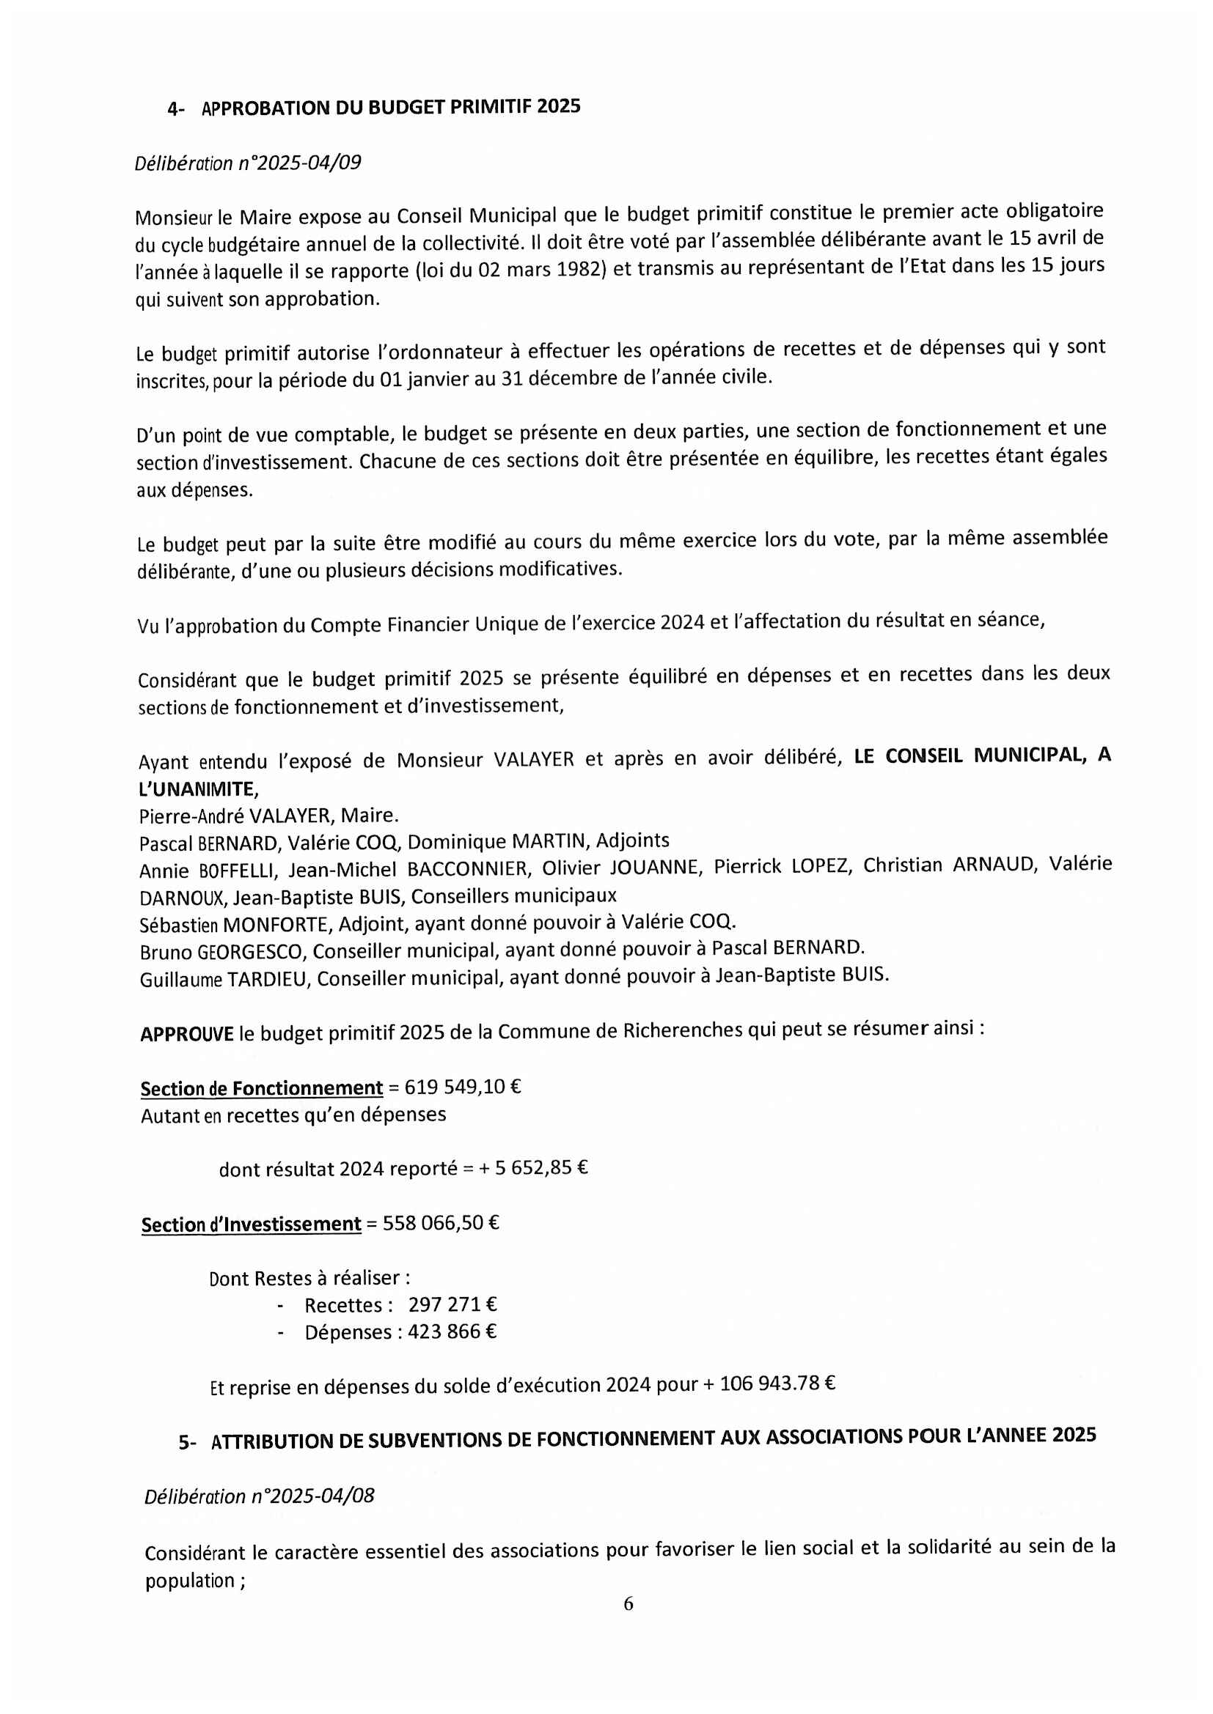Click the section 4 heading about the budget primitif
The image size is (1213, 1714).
[391, 108]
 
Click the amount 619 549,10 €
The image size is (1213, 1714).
[462, 1086]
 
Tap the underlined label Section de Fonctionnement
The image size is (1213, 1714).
[261, 1088]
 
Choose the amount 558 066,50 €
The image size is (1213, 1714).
[441, 1223]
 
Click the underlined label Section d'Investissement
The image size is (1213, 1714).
[251, 1225]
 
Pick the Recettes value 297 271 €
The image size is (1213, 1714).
[452, 1304]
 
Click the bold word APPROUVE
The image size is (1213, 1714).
[187, 1035]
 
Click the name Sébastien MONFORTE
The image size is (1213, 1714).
[234, 925]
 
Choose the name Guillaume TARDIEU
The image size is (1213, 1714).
[224, 980]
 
